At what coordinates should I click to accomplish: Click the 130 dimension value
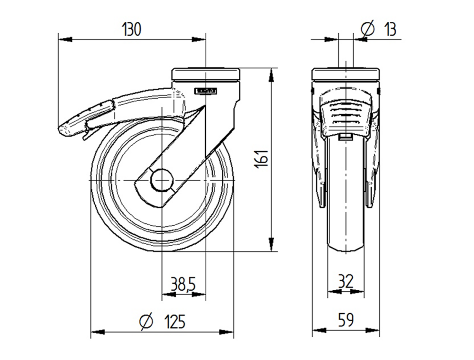pos(131,30)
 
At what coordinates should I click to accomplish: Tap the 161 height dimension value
pos(261,158)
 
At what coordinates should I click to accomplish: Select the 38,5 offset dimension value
pos(183,285)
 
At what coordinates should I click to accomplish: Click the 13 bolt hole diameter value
pos(390,29)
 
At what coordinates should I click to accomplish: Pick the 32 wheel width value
pos(346,281)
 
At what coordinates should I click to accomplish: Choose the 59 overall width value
pos(346,320)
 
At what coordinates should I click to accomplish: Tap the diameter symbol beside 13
pos(368,29)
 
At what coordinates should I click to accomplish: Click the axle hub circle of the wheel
pos(162,180)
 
